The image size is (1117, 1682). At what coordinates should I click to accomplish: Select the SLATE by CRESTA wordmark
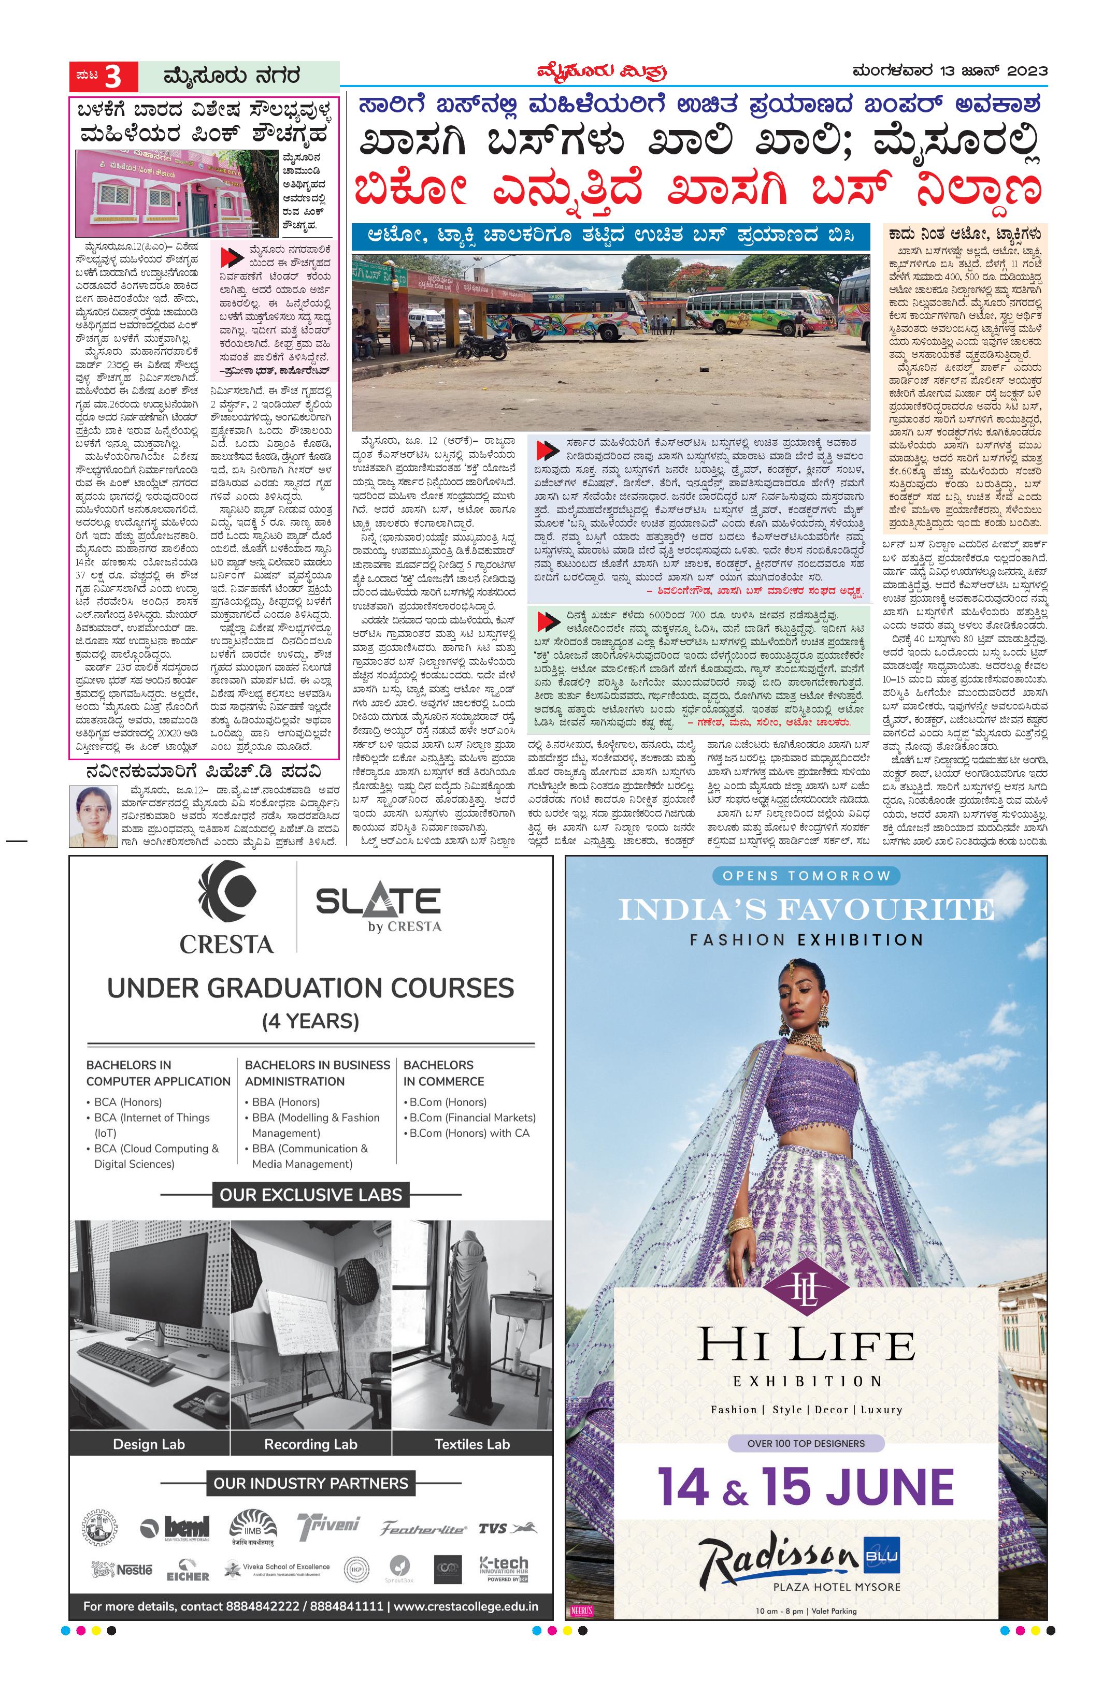(378, 908)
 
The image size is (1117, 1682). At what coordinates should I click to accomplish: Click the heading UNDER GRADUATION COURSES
(311, 989)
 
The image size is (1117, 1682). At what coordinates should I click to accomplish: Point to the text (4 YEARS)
(311, 1021)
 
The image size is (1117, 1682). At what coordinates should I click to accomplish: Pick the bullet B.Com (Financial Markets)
(472, 1118)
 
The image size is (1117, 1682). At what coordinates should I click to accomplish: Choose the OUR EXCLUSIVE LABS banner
(311, 1195)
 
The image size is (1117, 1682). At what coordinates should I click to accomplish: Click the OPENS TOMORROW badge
(806, 876)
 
